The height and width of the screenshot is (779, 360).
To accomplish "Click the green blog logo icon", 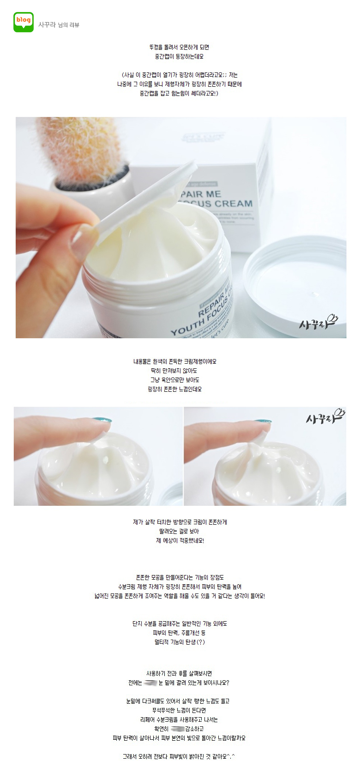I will (x=23, y=22).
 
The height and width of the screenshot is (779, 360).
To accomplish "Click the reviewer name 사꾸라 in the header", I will (x=47, y=25).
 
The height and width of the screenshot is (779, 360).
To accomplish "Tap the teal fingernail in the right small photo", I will (x=262, y=422).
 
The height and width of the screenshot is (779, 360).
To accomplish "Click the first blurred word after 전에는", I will (x=150, y=683).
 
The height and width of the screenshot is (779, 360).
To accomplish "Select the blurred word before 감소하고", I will (x=177, y=729).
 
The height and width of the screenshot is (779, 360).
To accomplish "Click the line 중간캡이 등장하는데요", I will (x=179, y=56).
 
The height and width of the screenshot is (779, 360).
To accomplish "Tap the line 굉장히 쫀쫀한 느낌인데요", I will (x=174, y=389).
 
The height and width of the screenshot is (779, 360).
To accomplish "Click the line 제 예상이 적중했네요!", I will (x=180, y=540).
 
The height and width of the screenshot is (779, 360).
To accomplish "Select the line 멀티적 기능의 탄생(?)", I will (x=180, y=642).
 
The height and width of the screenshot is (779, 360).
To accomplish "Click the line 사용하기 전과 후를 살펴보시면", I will (x=179, y=673).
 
